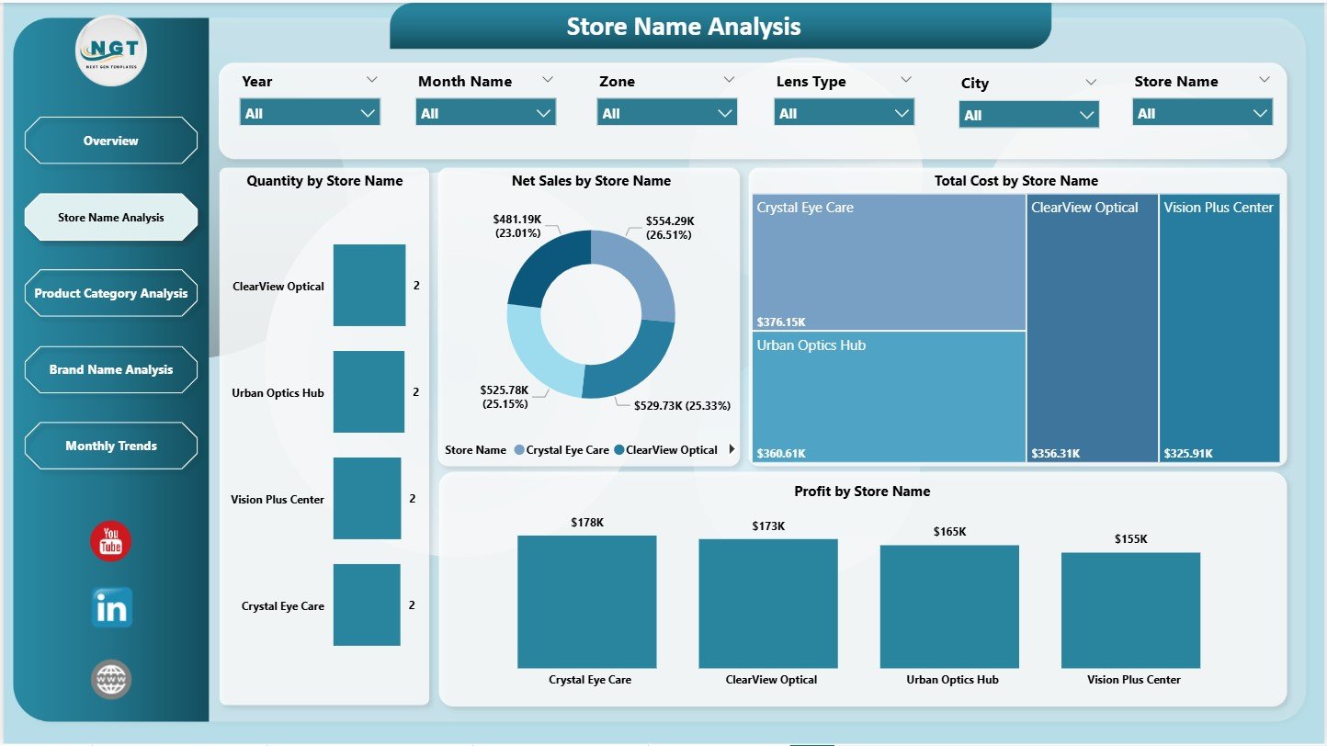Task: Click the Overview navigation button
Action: [x=110, y=141]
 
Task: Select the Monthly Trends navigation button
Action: [x=110, y=446]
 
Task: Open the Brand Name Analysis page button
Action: [x=110, y=369]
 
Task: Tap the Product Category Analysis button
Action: [x=110, y=293]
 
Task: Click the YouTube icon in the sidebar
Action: [x=110, y=541]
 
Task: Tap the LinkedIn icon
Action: [x=111, y=608]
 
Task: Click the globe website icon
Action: [x=111, y=679]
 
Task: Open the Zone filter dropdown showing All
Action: [x=667, y=113]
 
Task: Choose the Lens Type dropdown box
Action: [x=844, y=113]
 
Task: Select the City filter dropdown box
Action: [x=1028, y=115]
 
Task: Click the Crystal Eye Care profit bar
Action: [x=586, y=602]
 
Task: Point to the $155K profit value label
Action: [x=1130, y=538]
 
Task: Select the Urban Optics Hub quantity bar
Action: [x=369, y=391]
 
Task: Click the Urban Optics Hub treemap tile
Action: [x=888, y=396]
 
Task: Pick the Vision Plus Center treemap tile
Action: [x=1219, y=327]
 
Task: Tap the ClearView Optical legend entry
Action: [x=665, y=450]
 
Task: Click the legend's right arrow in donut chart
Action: [x=732, y=449]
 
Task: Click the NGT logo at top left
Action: [x=111, y=51]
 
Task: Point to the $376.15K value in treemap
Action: [x=781, y=322]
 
